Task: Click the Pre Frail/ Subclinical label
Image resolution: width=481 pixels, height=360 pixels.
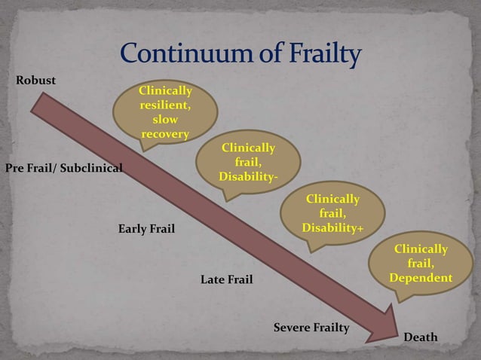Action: (x=64, y=167)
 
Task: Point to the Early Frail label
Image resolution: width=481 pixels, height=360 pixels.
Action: (x=146, y=228)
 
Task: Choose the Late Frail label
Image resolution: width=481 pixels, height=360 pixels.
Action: (x=226, y=280)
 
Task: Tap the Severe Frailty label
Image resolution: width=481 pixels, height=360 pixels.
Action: (x=311, y=328)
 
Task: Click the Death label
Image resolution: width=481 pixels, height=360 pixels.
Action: (x=420, y=337)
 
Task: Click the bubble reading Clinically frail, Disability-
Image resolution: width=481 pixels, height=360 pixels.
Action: (x=248, y=162)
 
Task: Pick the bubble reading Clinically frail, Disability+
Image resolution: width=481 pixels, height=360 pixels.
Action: (x=332, y=213)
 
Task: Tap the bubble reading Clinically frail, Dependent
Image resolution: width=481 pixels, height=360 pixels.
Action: (x=421, y=264)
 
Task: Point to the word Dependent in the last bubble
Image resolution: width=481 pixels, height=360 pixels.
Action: (x=421, y=279)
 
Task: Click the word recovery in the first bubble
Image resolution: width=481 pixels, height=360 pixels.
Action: (x=165, y=134)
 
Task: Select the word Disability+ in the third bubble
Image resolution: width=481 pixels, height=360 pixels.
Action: (x=332, y=227)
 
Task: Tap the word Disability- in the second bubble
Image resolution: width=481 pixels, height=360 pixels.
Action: (x=248, y=176)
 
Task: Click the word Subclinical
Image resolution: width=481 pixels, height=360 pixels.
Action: (x=91, y=167)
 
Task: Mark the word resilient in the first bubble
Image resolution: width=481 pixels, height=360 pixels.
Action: (x=165, y=105)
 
